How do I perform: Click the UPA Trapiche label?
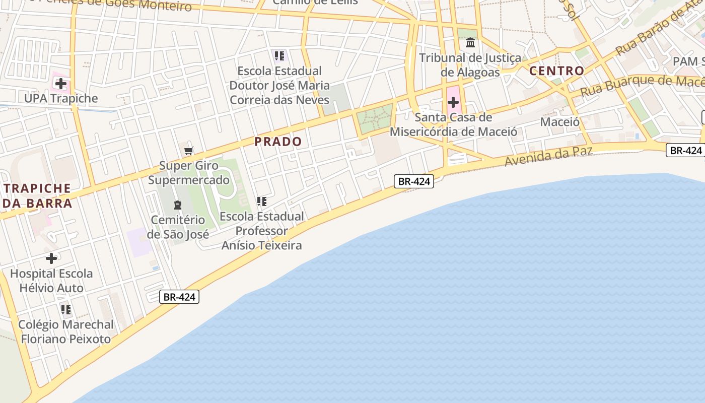point(61,98)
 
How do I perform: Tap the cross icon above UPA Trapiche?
point(61,83)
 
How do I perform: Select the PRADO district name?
point(278,142)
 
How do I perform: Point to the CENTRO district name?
point(556,71)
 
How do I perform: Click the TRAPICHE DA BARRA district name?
point(38,196)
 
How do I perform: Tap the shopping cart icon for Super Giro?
point(189,151)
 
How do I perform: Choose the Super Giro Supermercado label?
point(189,173)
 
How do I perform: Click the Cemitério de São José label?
point(178,227)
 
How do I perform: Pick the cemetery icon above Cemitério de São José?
point(177,205)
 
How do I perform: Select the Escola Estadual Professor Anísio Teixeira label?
point(262,231)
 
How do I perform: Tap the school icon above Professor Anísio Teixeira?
point(262,201)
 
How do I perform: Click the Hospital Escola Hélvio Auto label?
point(51,281)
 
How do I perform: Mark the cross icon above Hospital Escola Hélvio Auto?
point(51,258)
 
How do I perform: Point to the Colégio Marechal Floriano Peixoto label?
point(66,331)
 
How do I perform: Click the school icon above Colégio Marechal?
point(66,309)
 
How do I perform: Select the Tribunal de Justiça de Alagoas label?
point(470,65)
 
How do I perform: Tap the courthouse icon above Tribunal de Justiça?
point(470,43)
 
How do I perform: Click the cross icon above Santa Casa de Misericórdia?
point(453,103)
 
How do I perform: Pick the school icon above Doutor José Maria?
point(279,55)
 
